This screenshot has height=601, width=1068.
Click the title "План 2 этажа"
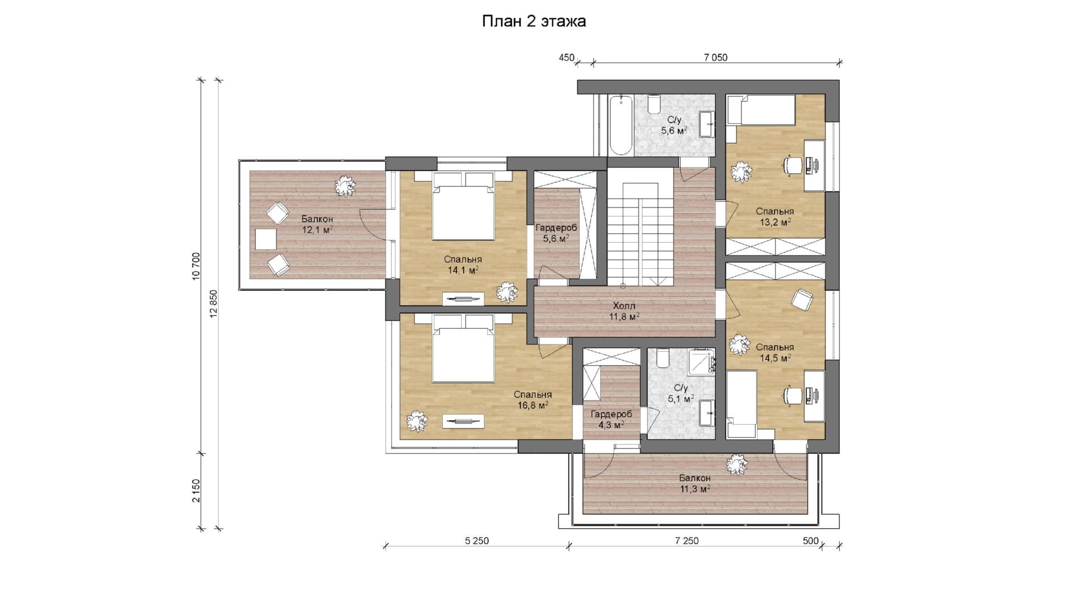(x=533, y=22)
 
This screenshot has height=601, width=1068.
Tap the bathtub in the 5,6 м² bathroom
(x=621, y=126)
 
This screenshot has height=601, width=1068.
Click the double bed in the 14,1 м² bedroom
(x=463, y=206)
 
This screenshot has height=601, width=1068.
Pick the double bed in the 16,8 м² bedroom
(x=463, y=348)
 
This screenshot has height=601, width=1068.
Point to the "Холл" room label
(x=624, y=306)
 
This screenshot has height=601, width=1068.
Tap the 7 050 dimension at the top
(x=715, y=57)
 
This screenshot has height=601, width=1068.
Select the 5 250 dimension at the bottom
(x=477, y=541)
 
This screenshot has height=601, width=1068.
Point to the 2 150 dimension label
(x=196, y=491)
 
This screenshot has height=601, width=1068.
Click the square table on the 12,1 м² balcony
(x=266, y=239)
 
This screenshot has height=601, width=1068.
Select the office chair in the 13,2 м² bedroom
(x=793, y=165)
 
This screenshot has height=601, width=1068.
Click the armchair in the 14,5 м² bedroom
(x=802, y=300)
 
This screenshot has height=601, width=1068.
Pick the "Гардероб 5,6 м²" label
(x=556, y=233)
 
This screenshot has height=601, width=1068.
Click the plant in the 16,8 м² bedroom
(x=417, y=421)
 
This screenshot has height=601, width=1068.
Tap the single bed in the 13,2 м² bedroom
(x=761, y=110)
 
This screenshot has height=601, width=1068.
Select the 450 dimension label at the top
(x=566, y=57)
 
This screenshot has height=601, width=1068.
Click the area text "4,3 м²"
(x=611, y=425)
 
